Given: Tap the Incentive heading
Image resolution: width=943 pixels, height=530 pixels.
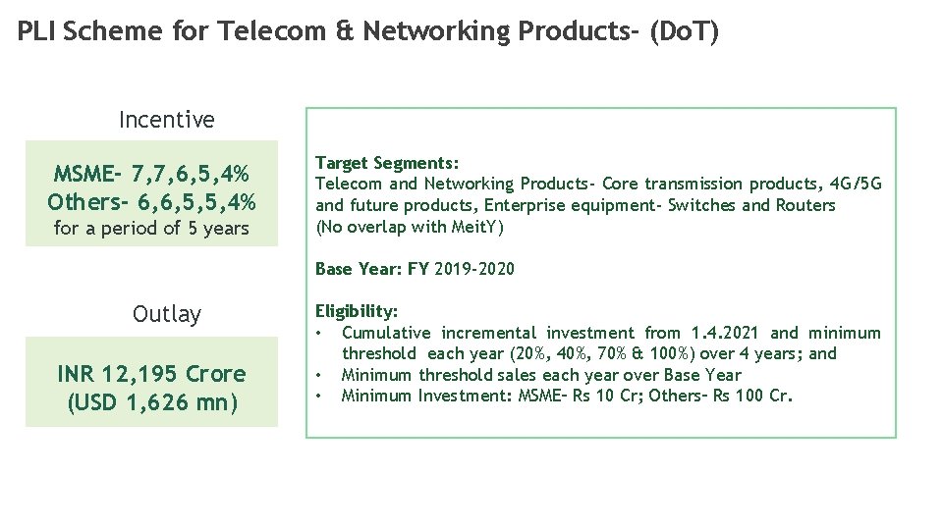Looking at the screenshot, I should click(166, 120).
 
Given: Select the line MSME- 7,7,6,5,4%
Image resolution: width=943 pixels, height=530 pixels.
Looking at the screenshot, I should click(151, 175).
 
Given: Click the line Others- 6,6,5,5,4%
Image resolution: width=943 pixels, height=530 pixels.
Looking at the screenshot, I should click(151, 202).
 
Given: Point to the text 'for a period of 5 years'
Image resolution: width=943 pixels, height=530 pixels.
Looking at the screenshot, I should click(151, 229).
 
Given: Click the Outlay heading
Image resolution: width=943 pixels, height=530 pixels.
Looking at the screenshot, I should click(166, 314).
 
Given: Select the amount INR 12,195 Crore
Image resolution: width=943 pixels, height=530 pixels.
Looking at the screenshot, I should click(151, 374).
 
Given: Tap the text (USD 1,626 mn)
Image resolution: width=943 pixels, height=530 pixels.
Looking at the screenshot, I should click(151, 402).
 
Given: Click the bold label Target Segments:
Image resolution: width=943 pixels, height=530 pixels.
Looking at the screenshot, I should click(386, 163).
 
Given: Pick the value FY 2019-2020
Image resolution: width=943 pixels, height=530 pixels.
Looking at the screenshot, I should click(461, 269).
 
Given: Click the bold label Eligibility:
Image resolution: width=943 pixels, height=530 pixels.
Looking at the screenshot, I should click(356, 311).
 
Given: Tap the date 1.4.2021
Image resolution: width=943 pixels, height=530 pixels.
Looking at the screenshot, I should click(725, 333).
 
